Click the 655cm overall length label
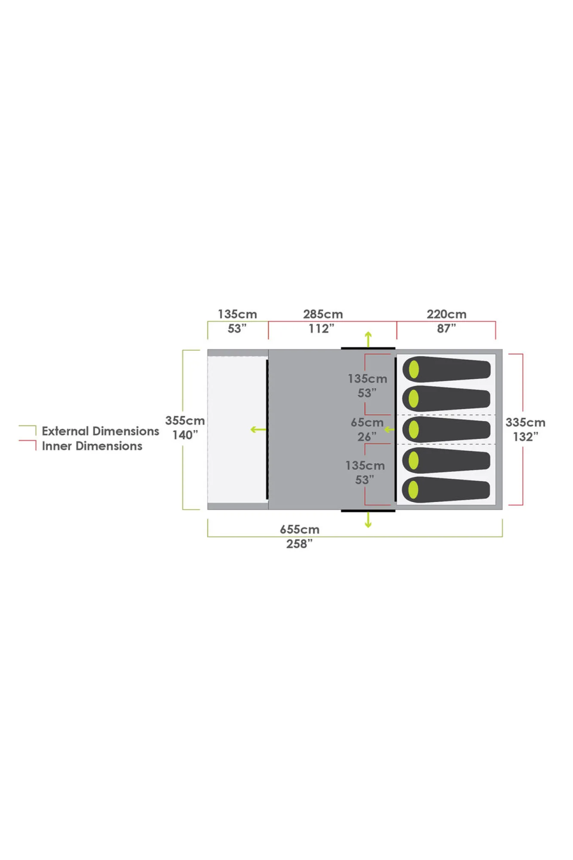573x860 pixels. [300, 529]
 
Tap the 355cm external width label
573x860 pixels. [185, 421]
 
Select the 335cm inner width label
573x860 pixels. [525, 422]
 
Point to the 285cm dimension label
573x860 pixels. [323, 314]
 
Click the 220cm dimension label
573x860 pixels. [447, 314]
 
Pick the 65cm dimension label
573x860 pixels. [367, 422]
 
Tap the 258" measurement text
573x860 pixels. [300, 544]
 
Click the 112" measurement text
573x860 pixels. [322, 329]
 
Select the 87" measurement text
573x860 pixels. [447, 329]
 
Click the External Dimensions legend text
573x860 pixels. [101, 431]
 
